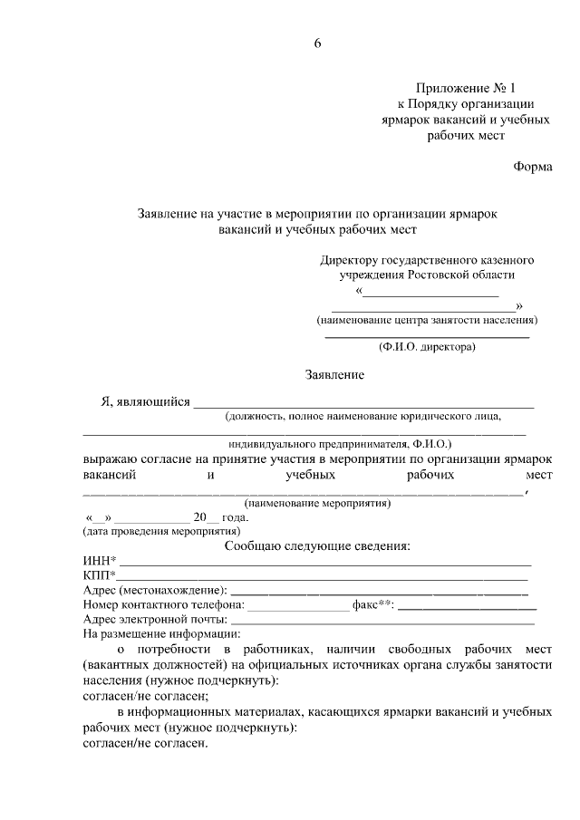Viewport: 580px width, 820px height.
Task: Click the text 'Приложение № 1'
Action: coord(464,88)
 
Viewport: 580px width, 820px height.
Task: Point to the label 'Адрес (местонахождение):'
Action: coord(155,590)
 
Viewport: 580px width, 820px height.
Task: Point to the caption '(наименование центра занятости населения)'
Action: coord(427,320)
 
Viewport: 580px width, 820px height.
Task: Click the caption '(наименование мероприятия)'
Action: coord(317,503)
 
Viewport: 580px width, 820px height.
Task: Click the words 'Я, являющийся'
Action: coord(145,401)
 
